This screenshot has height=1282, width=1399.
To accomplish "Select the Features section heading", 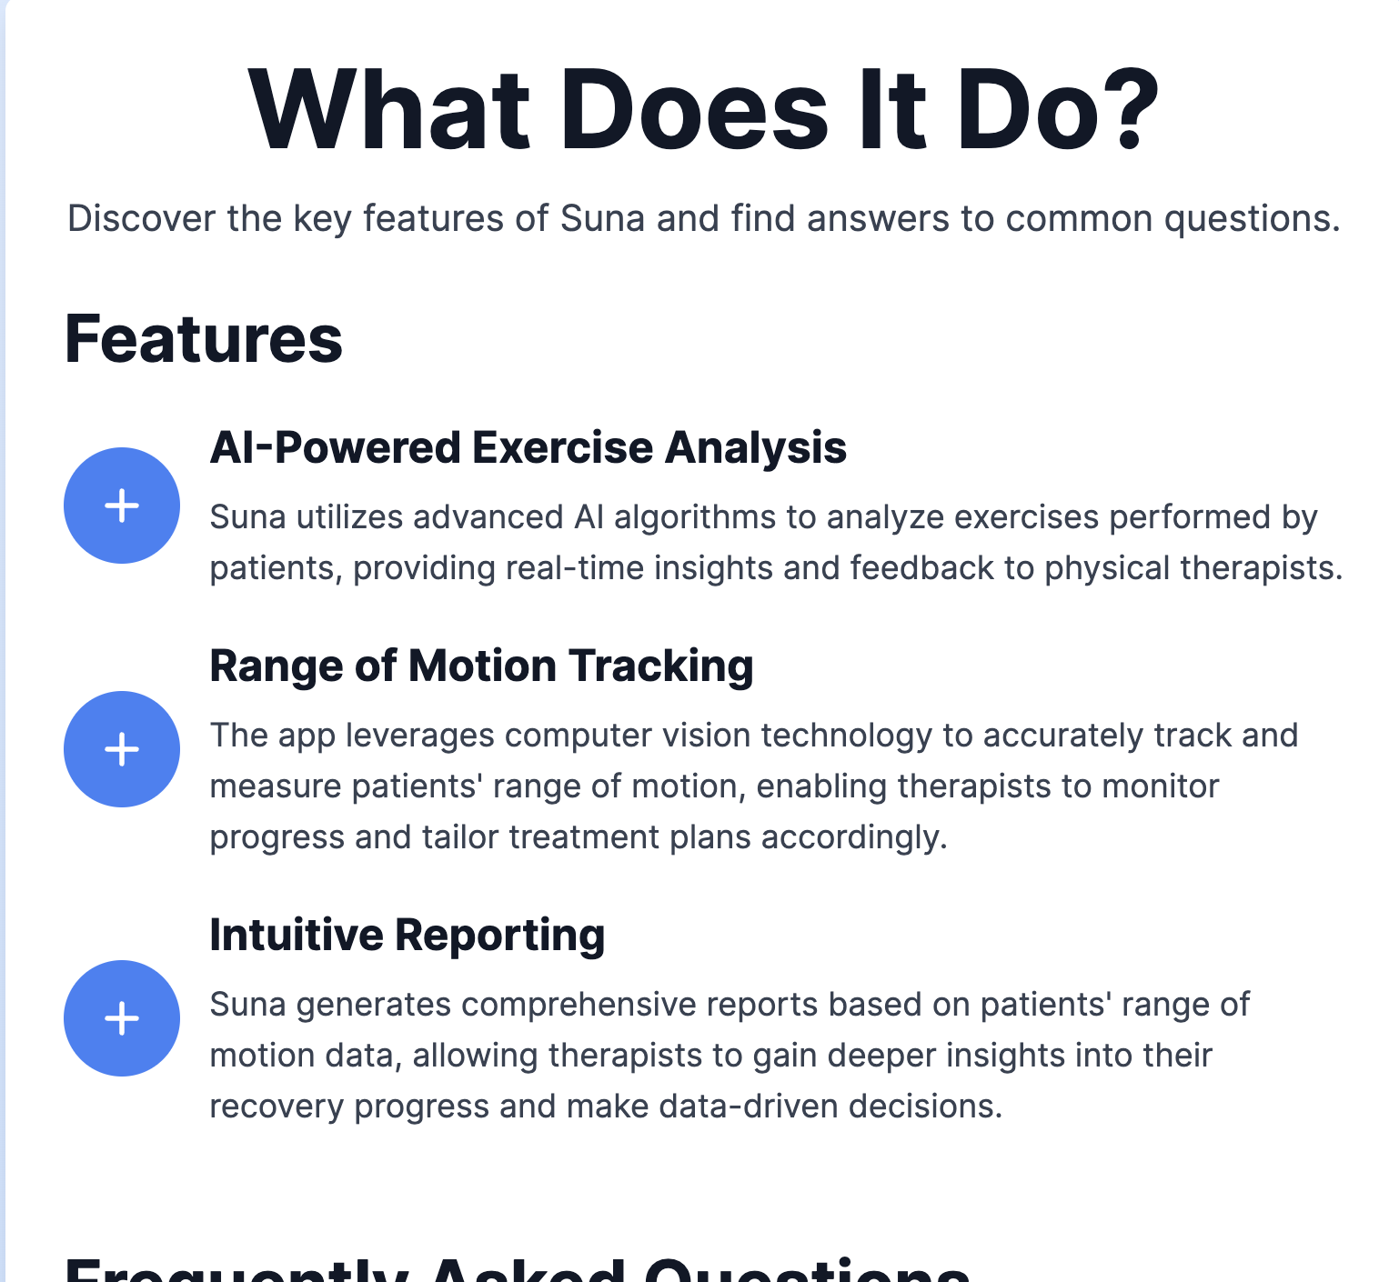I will [x=203, y=339].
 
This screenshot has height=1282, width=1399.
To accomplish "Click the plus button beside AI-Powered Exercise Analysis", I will [x=122, y=506].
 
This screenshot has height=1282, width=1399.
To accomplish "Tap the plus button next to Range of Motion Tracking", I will [x=122, y=749].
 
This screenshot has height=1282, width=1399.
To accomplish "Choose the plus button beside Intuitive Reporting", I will [x=122, y=1018].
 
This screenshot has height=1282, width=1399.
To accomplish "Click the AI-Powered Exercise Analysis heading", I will [x=528, y=448].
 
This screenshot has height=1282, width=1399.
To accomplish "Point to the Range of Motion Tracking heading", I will [x=481, y=666].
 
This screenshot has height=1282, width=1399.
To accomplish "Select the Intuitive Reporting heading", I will [x=407, y=936].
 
